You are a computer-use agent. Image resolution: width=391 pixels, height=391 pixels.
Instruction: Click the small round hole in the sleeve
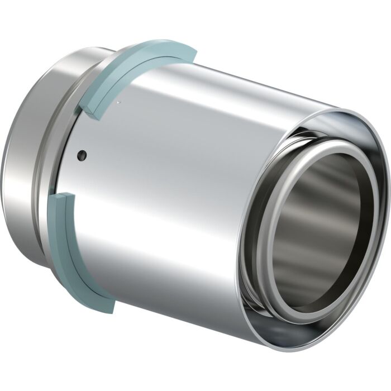click(82, 154)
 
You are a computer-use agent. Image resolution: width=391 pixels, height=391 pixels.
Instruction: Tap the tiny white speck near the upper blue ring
click(119, 102)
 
